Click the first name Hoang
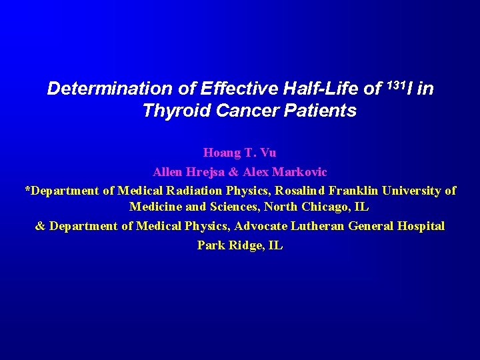tap(221, 153)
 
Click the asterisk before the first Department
tap(27, 189)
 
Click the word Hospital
tap(421, 226)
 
